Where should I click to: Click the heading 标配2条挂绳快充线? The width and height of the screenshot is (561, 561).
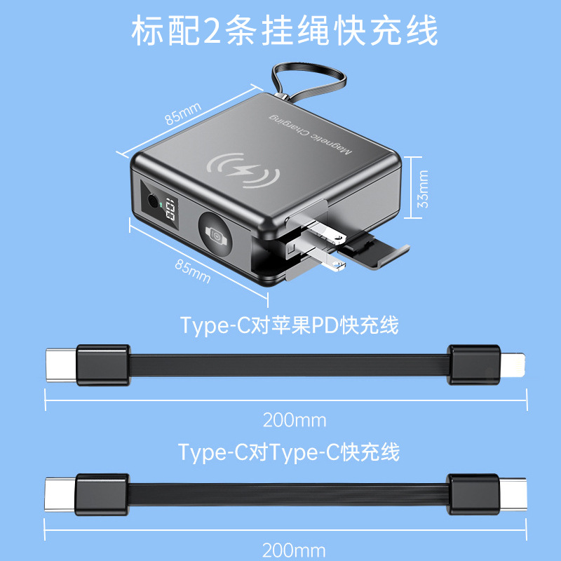[285, 31]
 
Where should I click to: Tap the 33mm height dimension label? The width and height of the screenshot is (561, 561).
[423, 189]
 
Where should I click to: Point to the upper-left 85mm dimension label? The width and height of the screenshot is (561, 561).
[183, 114]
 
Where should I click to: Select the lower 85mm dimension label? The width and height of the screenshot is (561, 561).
[192, 271]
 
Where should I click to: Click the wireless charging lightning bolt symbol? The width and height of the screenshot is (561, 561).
[243, 170]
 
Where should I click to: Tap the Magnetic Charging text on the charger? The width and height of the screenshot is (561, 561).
[310, 134]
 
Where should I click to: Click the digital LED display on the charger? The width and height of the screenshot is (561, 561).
[170, 209]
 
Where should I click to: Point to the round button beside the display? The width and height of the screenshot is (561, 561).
[153, 202]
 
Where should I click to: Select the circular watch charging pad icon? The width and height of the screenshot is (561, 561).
[215, 234]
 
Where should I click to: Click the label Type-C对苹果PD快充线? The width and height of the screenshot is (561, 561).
[289, 325]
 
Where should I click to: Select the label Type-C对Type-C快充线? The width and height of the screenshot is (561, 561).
[289, 452]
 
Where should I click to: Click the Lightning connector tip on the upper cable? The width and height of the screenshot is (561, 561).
[513, 365]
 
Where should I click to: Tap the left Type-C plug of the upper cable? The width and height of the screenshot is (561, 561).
[61, 365]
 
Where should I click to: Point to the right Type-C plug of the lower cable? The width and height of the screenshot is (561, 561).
[513, 494]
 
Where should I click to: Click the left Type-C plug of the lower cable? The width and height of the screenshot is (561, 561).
[60, 494]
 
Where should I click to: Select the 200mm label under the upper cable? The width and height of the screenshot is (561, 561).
[295, 420]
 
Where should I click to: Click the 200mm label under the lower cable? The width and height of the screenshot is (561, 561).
[294, 550]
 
